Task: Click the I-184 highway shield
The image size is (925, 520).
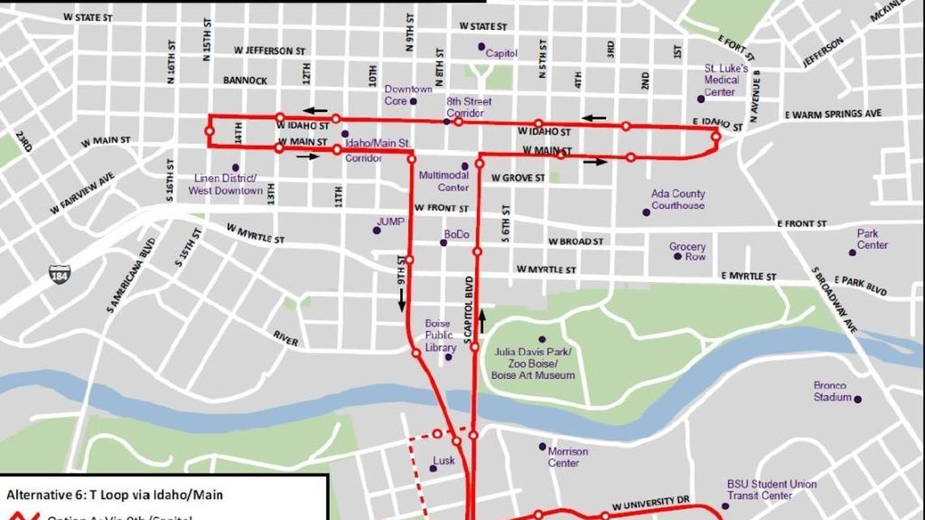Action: coord(59,273)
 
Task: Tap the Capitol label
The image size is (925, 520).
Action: coord(501,54)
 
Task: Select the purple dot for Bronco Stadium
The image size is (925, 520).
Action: coord(857,398)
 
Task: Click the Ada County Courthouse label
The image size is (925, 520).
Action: coord(678,200)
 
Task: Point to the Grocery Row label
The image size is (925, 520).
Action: coord(687,251)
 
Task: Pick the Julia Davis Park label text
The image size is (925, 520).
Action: coord(533,363)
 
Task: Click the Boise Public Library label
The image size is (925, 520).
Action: coord(440,335)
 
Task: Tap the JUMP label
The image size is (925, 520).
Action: coord(390,221)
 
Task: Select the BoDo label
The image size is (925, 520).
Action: coord(457,234)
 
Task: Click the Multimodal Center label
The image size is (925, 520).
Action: coord(444,181)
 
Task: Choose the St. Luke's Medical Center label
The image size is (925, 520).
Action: coord(721,80)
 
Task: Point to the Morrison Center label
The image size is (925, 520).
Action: coord(567,457)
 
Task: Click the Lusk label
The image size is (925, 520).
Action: coord(444,461)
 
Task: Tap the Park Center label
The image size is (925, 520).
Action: coord(872,239)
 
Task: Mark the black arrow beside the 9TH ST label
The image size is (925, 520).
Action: coord(402,299)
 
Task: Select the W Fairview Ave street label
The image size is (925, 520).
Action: coord(82,193)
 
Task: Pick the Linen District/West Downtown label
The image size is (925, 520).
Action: coord(226,184)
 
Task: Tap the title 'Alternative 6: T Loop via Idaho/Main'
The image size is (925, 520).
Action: coord(114,494)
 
